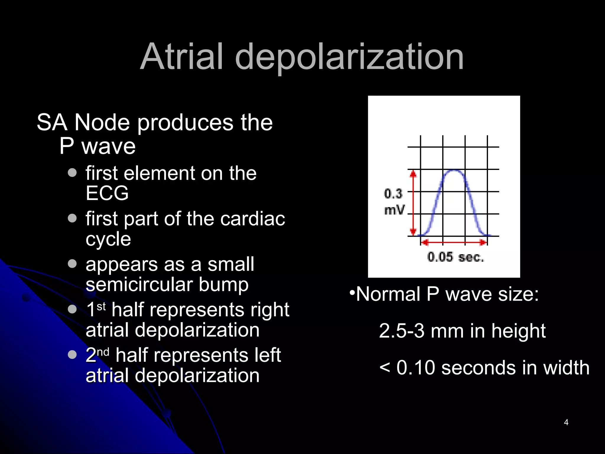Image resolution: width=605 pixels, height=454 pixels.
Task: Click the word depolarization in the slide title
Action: pos(349,57)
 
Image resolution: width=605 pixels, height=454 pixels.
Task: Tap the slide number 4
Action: pos(566,422)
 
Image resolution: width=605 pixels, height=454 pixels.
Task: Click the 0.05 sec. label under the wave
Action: pos(456,257)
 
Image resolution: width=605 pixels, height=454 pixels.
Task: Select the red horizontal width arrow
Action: pos(454,243)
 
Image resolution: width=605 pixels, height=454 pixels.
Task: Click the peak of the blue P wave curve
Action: pos(454,171)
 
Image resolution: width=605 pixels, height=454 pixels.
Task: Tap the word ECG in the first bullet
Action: pos(107,193)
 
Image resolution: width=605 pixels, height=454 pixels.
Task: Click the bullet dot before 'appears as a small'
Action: pos(72,263)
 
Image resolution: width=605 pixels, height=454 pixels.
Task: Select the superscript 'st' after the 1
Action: pos(101,306)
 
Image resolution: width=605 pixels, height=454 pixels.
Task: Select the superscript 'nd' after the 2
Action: pos(103,352)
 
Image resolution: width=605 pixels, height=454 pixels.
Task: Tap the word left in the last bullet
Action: pos(267,355)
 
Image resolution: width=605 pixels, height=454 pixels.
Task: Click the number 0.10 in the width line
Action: pos(416,368)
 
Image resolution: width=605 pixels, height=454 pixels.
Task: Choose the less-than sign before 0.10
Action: pos(385,368)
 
